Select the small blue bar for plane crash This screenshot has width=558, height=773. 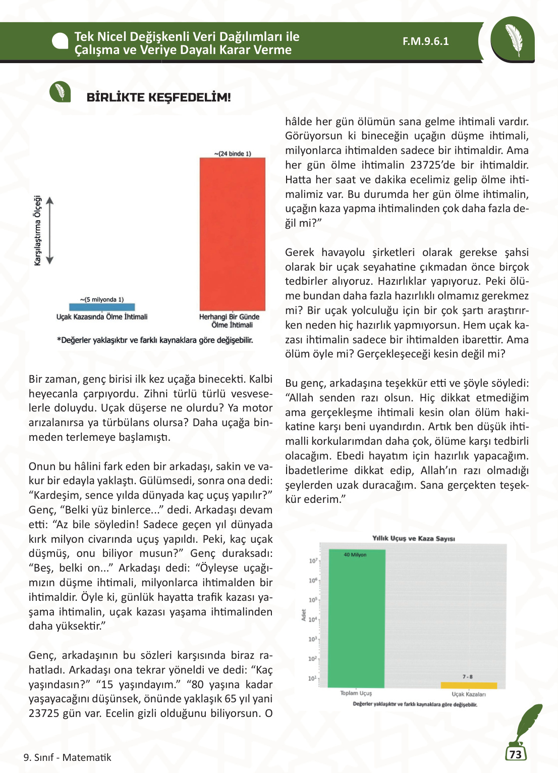(x=102, y=307)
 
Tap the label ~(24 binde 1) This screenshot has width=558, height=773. (x=233, y=153)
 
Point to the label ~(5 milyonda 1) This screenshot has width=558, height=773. (x=102, y=299)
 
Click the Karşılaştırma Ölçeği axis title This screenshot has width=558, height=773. (x=37, y=230)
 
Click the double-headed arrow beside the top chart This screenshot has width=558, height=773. (x=49, y=230)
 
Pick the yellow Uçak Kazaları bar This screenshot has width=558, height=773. (x=469, y=685)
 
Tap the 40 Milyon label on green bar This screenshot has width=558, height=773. (x=355, y=554)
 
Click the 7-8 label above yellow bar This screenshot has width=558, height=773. (x=468, y=677)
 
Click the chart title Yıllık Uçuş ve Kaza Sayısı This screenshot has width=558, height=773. (x=413, y=538)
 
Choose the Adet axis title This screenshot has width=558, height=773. (x=304, y=615)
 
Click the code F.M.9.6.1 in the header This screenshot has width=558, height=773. (x=425, y=41)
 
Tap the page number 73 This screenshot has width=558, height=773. (x=515, y=754)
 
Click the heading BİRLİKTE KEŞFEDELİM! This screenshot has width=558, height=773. (x=158, y=97)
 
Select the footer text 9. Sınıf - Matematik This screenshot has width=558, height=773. (x=67, y=757)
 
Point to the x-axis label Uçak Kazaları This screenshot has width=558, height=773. (x=469, y=694)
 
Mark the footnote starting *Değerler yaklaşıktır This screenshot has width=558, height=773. (x=155, y=340)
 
